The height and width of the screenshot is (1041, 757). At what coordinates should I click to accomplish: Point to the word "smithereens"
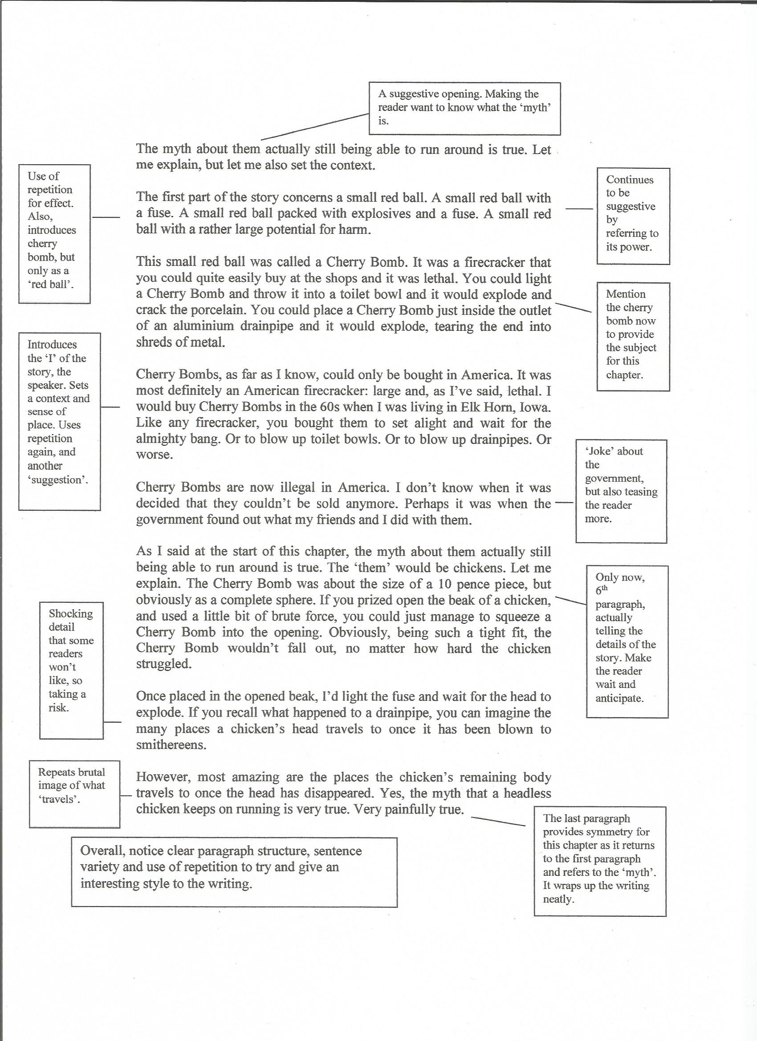point(171,745)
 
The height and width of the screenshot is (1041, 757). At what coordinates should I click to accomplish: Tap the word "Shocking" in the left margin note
point(71,614)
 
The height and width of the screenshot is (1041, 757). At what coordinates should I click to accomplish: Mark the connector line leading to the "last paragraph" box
point(498,821)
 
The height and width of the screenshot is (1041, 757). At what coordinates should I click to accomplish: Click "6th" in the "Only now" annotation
point(602,591)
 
